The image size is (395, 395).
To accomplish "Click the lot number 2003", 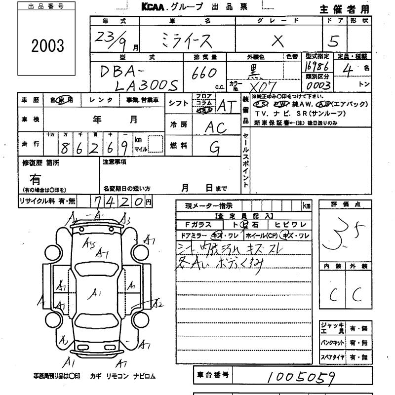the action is (48, 45).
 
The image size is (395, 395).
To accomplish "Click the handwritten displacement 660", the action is (206, 73).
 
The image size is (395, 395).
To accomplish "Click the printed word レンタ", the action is (101, 100).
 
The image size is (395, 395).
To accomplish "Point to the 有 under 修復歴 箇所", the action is (35, 179).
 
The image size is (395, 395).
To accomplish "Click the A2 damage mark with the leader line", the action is (158, 304).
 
